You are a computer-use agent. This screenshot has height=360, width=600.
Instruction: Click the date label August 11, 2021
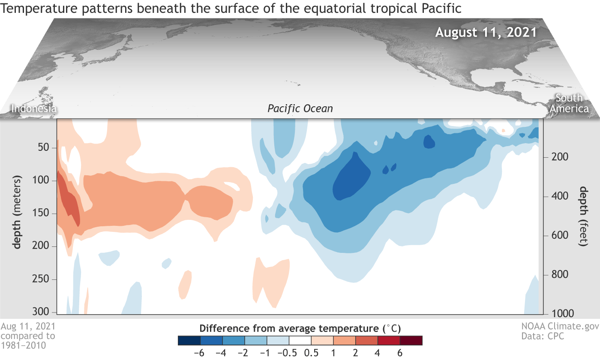(486, 33)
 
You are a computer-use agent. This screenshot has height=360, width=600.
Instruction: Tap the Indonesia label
(34, 108)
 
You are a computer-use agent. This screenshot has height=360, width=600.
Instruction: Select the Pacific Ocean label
(300, 108)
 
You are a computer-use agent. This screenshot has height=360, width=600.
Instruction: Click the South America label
(569, 103)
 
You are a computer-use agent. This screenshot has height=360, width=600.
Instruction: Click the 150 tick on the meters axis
(43, 213)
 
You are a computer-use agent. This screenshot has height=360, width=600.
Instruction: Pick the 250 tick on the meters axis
(43, 279)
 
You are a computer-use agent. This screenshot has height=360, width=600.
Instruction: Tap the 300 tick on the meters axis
(43, 311)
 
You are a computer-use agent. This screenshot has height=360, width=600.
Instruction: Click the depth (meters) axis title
(18, 211)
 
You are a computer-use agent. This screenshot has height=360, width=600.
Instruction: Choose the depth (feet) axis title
(582, 216)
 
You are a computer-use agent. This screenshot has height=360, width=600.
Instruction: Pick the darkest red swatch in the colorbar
(411, 340)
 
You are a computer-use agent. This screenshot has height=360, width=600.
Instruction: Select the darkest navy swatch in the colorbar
(189, 340)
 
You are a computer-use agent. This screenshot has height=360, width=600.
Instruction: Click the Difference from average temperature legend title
(300, 329)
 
